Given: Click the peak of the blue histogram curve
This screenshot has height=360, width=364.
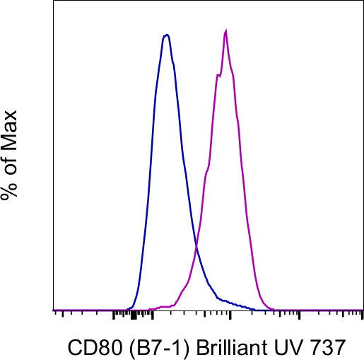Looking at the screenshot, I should (166, 35).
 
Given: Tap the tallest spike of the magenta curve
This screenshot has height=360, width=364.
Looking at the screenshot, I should (225, 30).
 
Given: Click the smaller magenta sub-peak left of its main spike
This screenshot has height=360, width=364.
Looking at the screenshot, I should (218, 75).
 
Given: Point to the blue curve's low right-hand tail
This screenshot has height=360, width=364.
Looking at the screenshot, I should (233, 303).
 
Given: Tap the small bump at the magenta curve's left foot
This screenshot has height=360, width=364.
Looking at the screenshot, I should (163, 307).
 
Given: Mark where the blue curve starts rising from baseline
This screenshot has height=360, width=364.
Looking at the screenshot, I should (131, 307).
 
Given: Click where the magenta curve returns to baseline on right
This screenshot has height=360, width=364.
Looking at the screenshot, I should (272, 308).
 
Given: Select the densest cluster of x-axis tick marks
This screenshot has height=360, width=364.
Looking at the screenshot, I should (134, 314).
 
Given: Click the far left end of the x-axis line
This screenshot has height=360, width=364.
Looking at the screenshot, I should (54, 310).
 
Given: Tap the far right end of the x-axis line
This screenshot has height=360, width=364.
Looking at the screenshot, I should (362, 310).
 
